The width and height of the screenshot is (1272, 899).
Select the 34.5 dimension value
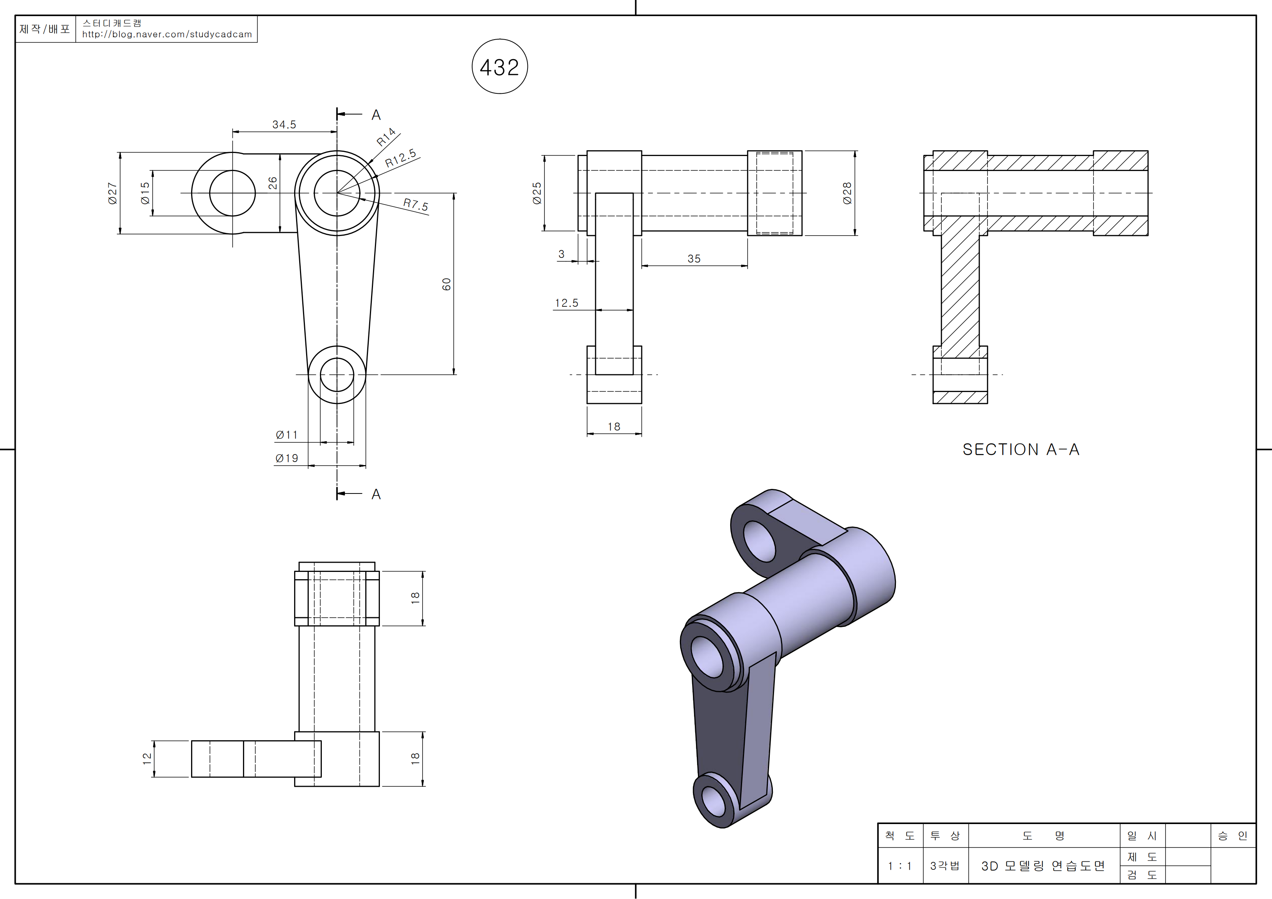(284, 125)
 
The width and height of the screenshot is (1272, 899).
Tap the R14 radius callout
(386, 137)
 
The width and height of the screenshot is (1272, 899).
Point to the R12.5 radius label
(401, 158)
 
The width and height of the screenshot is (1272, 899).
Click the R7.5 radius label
(416, 204)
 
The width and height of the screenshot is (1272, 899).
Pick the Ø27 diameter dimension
(112, 193)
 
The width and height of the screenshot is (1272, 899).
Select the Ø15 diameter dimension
(145, 193)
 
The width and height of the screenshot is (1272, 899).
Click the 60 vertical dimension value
(446, 284)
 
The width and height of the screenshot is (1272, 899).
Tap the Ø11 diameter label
(286, 435)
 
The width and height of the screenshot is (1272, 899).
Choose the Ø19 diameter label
(286, 458)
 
